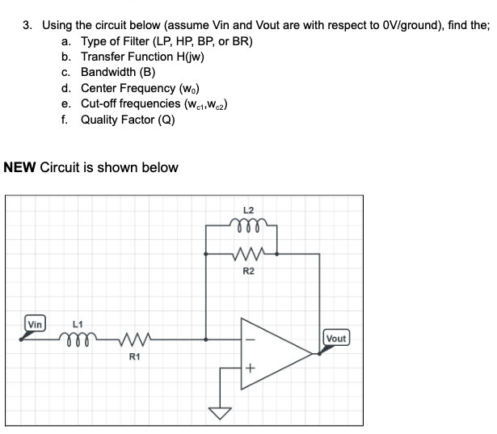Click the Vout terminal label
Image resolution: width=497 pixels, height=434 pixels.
click(336, 338)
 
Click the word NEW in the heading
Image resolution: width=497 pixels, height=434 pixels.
click(20, 168)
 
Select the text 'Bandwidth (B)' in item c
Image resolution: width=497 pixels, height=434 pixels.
click(120, 72)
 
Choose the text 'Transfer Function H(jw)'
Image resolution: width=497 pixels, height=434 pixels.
click(141, 56)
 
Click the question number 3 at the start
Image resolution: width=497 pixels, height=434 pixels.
click(27, 25)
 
